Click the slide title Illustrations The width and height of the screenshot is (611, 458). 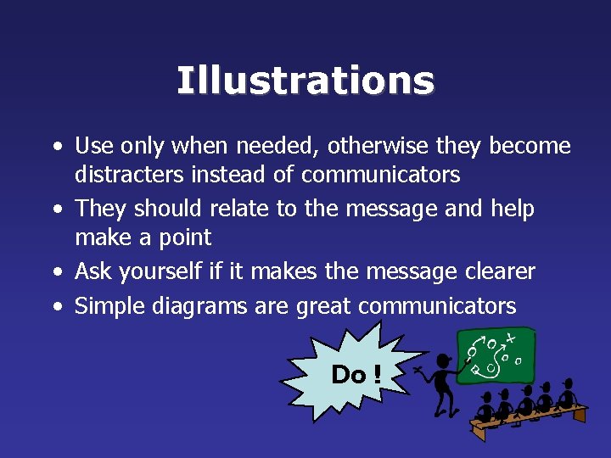click(x=305, y=81)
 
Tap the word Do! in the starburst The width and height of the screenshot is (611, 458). click(x=356, y=374)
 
